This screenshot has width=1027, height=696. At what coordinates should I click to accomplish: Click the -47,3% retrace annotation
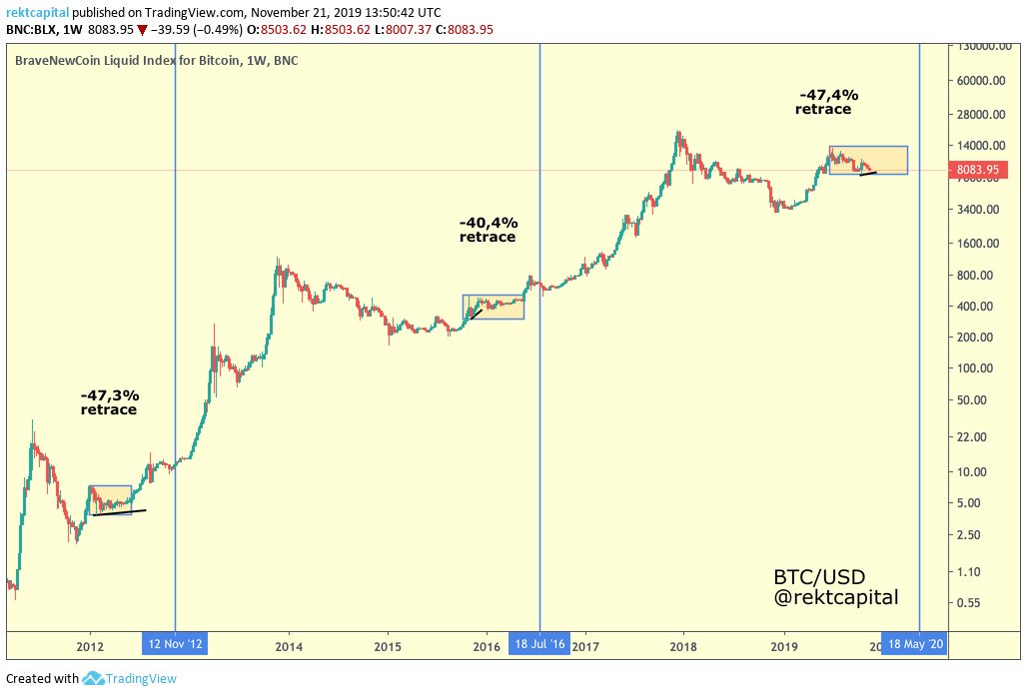point(109,402)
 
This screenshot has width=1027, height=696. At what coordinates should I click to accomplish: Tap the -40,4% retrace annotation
point(488,230)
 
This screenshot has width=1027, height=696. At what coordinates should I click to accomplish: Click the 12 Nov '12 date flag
point(176,644)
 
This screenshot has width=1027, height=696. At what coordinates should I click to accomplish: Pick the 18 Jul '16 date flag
point(539,644)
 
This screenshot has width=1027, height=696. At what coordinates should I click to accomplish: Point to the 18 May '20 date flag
point(913,644)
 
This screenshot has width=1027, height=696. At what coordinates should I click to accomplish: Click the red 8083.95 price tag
point(977,170)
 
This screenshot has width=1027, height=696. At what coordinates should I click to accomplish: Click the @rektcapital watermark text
point(835,597)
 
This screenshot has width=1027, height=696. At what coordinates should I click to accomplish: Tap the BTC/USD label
point(818,577)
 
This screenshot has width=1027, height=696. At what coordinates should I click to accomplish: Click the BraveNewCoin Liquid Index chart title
point(156,61)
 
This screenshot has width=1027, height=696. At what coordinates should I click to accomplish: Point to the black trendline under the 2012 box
point(119,513)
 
